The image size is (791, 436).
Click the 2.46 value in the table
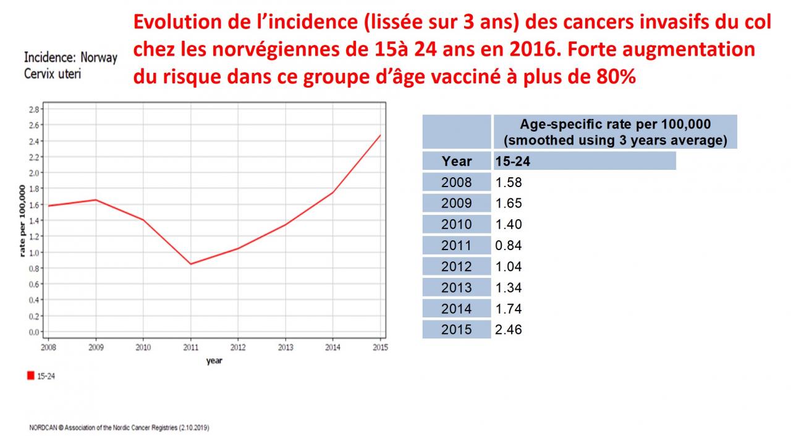coord(509,329)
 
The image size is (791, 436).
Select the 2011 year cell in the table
coord(456,245)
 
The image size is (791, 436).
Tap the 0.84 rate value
coord(509,245)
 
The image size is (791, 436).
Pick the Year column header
coord(457,161)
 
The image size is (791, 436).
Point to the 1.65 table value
coord(509,203)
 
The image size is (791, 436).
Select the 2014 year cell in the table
coord(456,308)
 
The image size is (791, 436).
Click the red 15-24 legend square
coord(31,375)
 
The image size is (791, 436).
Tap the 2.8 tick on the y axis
coord(34,109)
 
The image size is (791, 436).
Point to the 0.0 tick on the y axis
coord(34,332)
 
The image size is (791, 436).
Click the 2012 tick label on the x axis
coord(238,347)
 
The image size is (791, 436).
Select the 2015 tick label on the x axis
coord(380,347)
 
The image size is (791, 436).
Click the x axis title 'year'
coord(214,361)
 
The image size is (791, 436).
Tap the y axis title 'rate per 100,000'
coord(22,220)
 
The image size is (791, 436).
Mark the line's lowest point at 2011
coord(190,264)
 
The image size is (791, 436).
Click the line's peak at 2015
coord(380,135)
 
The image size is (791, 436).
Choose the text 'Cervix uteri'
coord(53,73)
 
